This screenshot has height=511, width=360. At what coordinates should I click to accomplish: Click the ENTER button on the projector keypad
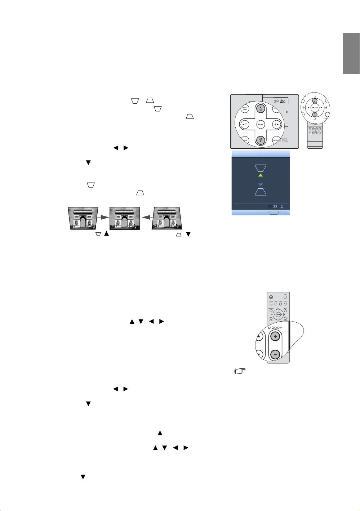pos(261,125)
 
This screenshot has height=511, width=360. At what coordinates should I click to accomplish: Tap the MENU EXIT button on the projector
pos(245,108)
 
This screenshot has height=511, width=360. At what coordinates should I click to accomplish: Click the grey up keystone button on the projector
pos(261,108)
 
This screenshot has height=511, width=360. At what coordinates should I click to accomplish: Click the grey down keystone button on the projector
pos(261,140)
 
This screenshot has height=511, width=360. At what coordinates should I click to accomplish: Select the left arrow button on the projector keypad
pos(245,125)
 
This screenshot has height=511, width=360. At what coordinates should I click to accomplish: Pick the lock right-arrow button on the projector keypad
pos(276,125)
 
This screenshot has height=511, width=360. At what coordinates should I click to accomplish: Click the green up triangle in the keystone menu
pos(261,175)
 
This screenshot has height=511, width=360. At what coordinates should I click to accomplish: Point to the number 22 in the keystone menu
pos(275,207)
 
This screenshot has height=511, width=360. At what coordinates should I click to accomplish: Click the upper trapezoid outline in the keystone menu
pos(261,168)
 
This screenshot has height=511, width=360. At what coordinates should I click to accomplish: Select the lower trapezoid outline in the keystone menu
pos(261,192)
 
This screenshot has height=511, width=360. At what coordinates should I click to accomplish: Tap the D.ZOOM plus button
pos(275,336)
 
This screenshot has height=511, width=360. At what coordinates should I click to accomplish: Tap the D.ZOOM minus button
pos(275,354)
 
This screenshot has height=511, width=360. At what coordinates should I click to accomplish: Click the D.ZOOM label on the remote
pos(275,328)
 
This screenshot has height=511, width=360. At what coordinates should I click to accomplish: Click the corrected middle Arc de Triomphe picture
pos(124,218)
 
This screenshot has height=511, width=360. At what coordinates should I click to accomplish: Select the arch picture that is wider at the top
pos(83,218)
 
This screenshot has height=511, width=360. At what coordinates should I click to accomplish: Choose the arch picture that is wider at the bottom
pos(166,218)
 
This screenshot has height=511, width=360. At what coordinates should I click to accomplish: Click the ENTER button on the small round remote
pos(315,108)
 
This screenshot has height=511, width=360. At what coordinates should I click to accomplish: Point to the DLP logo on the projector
pos(283,101)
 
